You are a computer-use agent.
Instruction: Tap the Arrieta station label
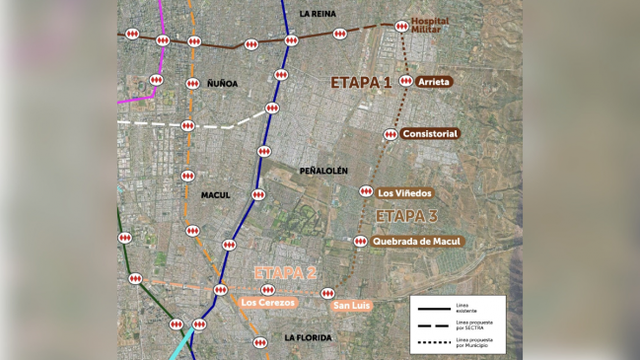pyautogui.click(x=435, y=82)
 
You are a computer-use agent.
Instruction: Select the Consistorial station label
pyautogui.click(x=430, y=133)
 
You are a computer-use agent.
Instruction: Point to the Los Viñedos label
pyautogui.click(x=404, y=192)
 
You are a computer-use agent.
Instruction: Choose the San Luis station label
pyautogui.click(x=351, y=306)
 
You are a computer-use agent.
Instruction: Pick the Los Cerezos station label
pyautogui.click(x=267, y=303)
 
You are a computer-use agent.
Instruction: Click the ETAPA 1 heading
pyautogui.click(x=361, y=83)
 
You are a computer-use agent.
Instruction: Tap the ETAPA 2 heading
pyautogui.click(x=284, y=273)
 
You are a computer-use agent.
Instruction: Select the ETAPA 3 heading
pyautogui.click(x=406, y=216)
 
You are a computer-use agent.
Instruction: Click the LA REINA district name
pyautogui.click(x=318, y=14)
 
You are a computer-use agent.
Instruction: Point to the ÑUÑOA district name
pyautogui.click(x=223, y=84)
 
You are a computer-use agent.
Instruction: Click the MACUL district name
pyautogui.click(x=215, y=195)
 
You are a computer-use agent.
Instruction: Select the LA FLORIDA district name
pyautogui.click(x=308, y=337)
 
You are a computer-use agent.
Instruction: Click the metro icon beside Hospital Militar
pyautogui.click(x=401, y=27)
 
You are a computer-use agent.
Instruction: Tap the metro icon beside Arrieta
pyautogui.click(x=406, y=82)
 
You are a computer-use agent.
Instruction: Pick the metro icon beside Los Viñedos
pyautogui.click(x=366, y=192)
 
